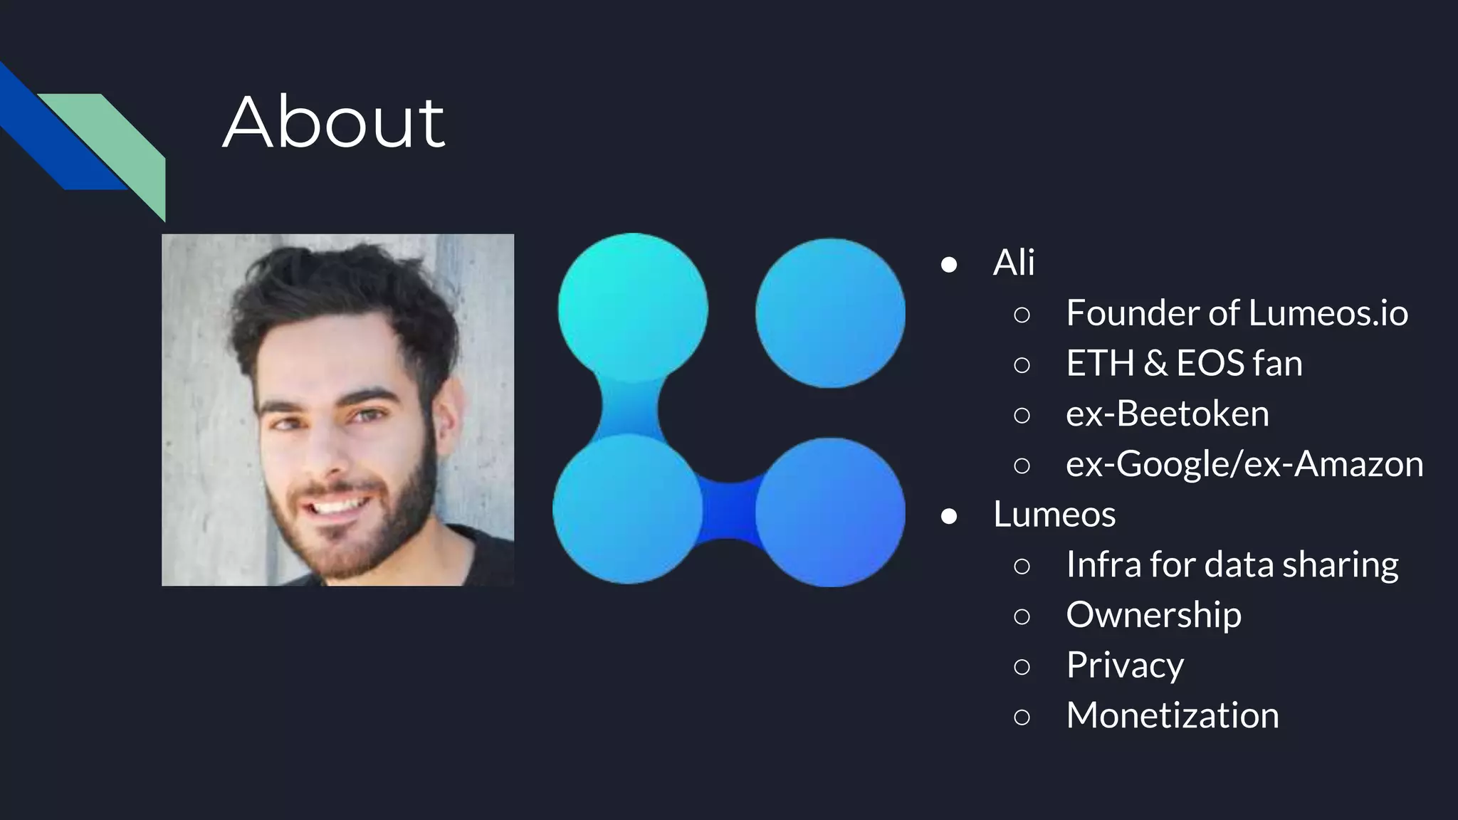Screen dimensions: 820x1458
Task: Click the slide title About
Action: pyautogui.click(x=333, y=122)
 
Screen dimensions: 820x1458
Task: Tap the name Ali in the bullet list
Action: pyautogui.click(x=1013, y=263)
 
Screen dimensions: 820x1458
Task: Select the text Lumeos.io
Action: pyautogui.click(x=1328, y=313)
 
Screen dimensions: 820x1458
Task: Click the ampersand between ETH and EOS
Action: pyautogui.click(x=1155, y=364)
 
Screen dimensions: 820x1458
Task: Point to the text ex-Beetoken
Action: pyautogui.click(x=1167, y=414)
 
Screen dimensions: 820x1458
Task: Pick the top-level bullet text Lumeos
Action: pyautogui.click(x=1054, y=514)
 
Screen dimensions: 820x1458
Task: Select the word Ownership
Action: pyautogui.click(x=1153, y=614)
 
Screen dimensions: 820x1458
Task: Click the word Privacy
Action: pyautogui.click(x=1125, y=666)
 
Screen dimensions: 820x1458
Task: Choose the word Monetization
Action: pyautogui.click(x=1172, y=715)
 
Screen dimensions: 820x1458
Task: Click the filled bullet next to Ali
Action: pyautogui.click(x=948, y=265)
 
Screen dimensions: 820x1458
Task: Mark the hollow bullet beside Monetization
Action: pyautogui.click(x=1022, y=717)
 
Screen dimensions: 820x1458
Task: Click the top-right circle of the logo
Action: pyautogui.click(x=830, y=313)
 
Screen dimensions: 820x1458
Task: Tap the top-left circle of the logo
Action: pyautogui.click(x=632, y=307)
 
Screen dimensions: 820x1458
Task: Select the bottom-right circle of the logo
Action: pyautogui.click(x=830, y=512)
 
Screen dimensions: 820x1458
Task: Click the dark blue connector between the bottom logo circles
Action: pyautogui.click(x=729, y=510)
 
